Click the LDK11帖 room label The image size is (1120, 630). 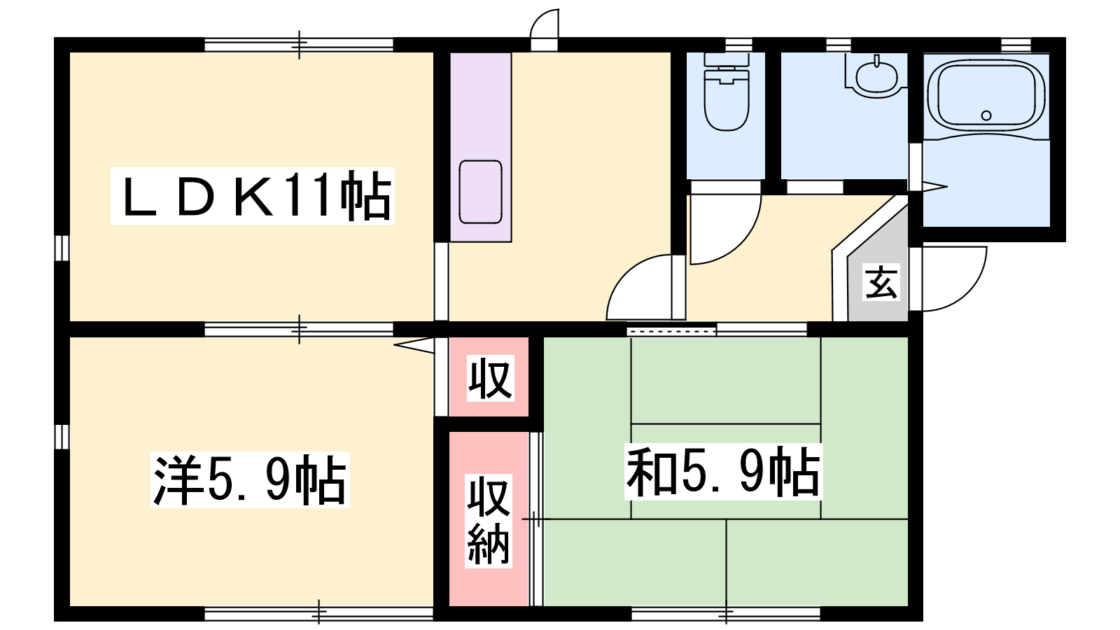253,195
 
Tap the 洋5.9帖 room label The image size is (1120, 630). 250,480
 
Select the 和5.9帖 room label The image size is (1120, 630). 723,472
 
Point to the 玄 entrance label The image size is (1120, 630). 881,282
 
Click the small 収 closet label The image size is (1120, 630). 490,378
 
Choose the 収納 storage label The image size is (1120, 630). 489,521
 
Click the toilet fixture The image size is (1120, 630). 727,92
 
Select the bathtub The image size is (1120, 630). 986,95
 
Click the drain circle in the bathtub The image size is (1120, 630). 986,115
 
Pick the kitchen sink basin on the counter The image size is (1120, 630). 480,192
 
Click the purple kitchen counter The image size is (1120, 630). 480,147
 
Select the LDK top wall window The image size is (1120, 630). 299,45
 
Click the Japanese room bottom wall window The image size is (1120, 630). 726,613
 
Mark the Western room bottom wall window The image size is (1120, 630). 318,613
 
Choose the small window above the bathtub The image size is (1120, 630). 1016,45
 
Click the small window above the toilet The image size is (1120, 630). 738,45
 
